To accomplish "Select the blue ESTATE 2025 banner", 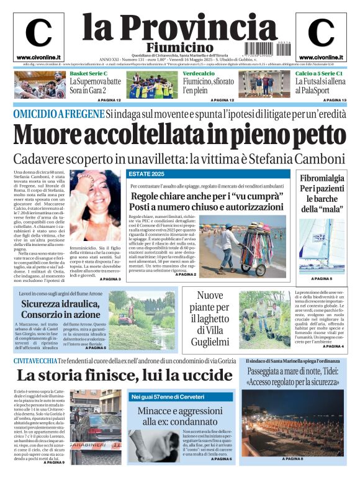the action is click(146, 174).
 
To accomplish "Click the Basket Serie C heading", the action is click(88, 73).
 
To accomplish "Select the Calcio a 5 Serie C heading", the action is click(318, 73).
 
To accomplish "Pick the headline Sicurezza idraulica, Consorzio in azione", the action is click(60, 309).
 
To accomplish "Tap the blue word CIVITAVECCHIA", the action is click(38, 361).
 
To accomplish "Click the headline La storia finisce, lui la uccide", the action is click(116, 376).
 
